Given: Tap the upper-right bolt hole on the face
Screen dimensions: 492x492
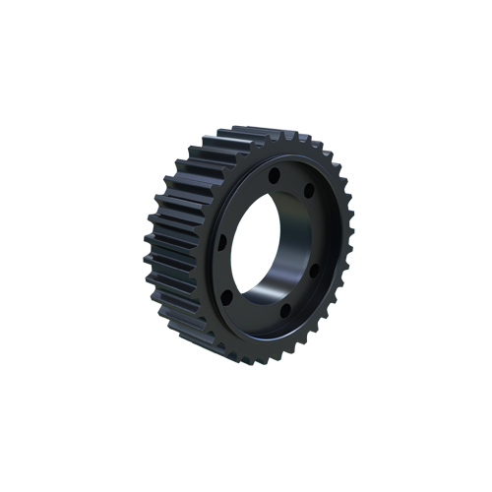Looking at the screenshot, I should tap(308, 189).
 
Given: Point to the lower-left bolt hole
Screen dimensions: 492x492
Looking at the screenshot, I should tap(227, 295).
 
